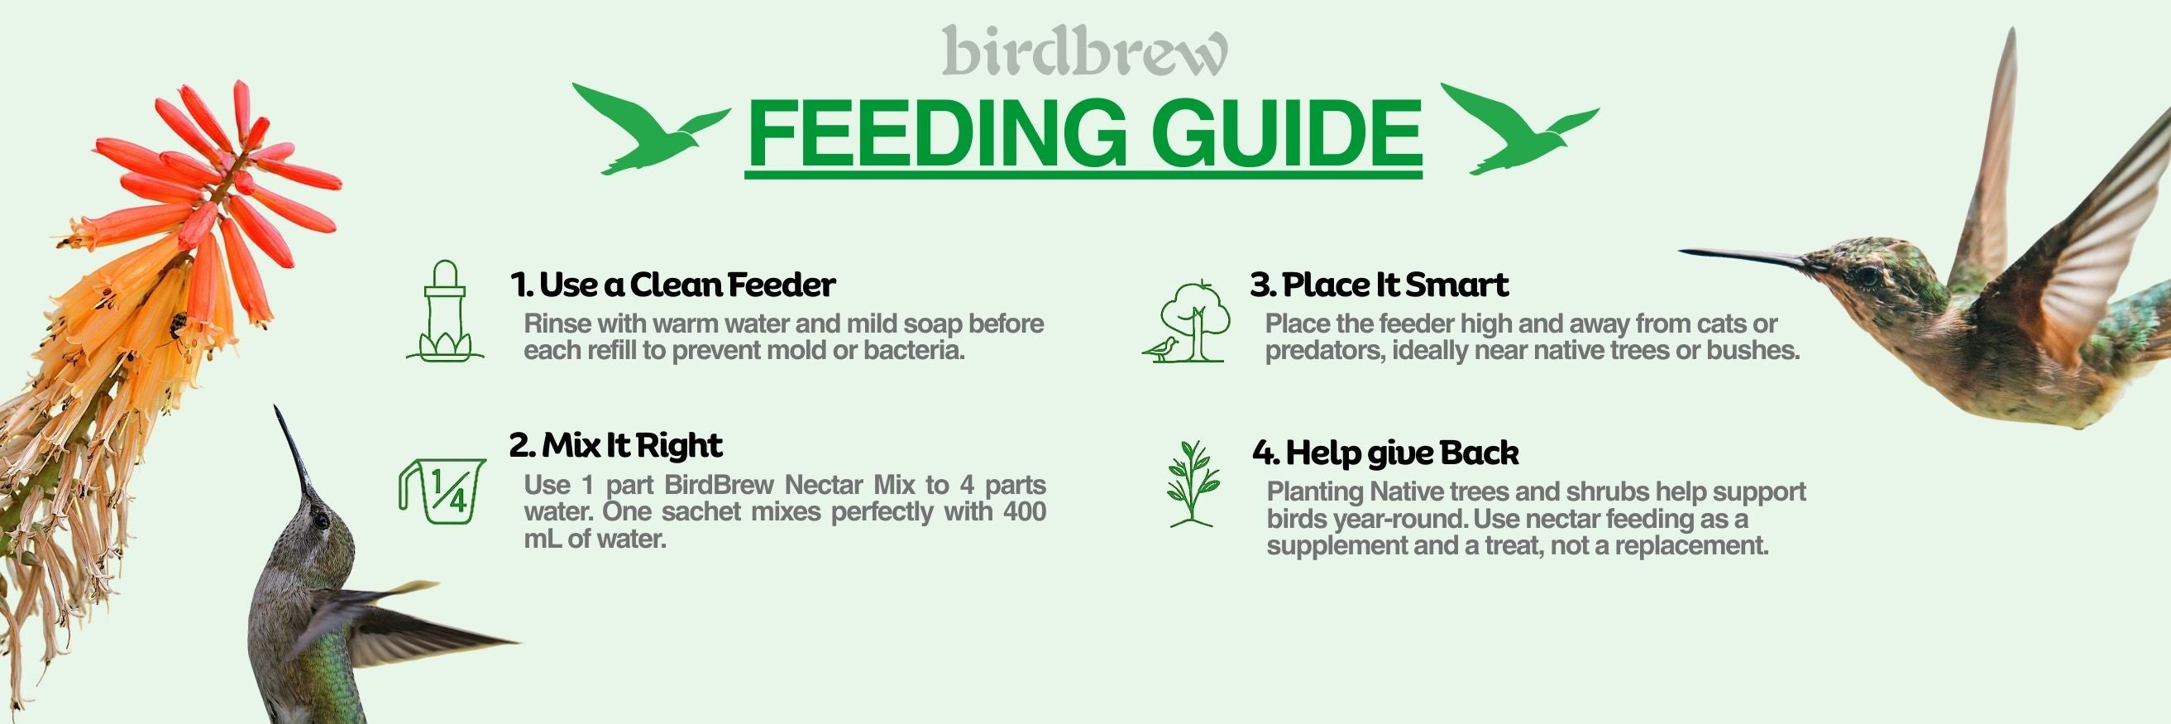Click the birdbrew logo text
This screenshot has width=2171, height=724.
(x=1084, y=50)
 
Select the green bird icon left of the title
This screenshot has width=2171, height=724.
(x=651, y=128)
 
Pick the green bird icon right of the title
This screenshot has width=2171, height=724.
(x=1518, y=128)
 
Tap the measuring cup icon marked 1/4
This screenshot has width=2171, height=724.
(x=442, y=491)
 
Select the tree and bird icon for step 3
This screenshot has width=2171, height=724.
(x=1187, y=321)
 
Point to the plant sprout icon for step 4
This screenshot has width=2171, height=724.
(x=1192, y=484)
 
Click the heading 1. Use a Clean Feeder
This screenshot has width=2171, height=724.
(x=672, y=285)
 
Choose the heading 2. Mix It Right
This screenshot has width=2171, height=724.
(x=615, y=445)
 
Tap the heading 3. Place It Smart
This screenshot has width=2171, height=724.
(x=1379, y=285)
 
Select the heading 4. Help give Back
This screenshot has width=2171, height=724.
(x=1385, y=453)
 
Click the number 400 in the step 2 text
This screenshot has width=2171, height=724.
(x=1024, y=511)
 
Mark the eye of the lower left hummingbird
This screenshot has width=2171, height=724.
(x=321, y=520)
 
